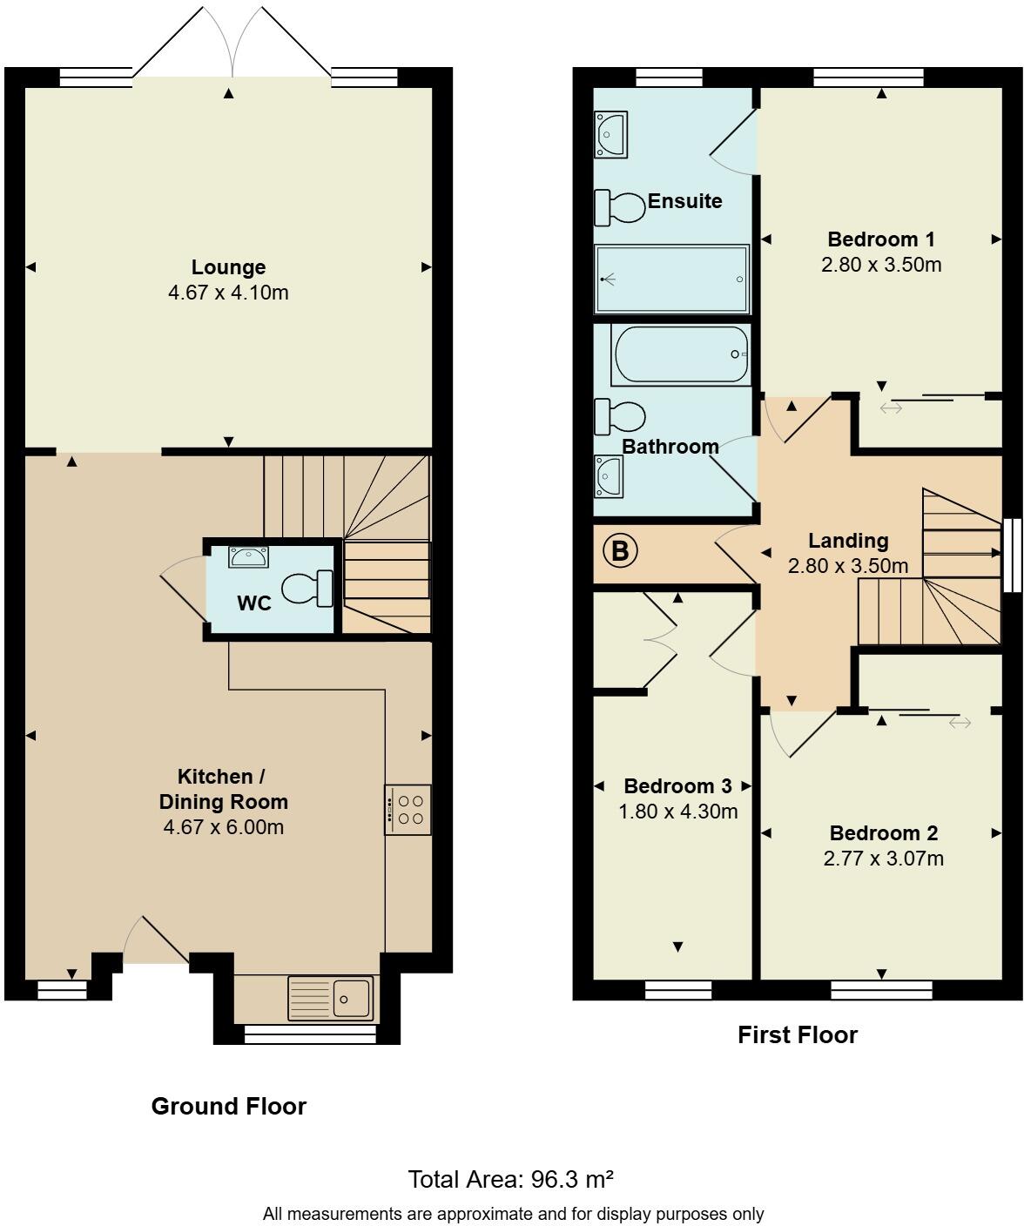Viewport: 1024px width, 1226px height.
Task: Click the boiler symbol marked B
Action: [620, 551]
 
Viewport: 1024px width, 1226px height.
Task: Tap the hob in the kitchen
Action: [408, 810]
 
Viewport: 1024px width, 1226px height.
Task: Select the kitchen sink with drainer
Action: [331, 998]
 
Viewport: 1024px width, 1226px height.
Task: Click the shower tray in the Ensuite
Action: [671, 279]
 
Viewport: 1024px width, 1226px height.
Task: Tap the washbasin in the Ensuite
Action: [610, 134]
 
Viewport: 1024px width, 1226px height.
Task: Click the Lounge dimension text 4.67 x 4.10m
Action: [228, 293]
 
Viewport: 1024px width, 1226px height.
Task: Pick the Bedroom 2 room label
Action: [883, 833]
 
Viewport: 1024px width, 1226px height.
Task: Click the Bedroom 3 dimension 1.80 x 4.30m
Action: [677, 812]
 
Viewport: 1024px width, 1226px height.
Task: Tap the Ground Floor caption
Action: [229, 1106]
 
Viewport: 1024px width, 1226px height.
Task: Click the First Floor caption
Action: [798, 1034]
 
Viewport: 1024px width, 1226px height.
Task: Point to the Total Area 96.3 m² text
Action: [511, 1179]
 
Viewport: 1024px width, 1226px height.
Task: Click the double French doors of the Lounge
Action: [232, 44]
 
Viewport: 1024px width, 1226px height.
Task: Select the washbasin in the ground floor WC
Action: [249, 556]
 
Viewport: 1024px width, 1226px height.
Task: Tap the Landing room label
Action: [848, 541]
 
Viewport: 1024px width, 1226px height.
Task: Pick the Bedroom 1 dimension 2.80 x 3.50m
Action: [881, 265]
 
